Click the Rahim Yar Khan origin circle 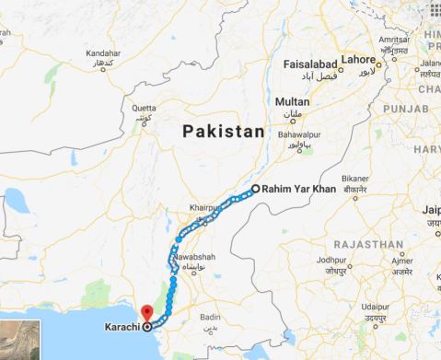click(x=255, y=188)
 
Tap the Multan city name click(x=292, y=101)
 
